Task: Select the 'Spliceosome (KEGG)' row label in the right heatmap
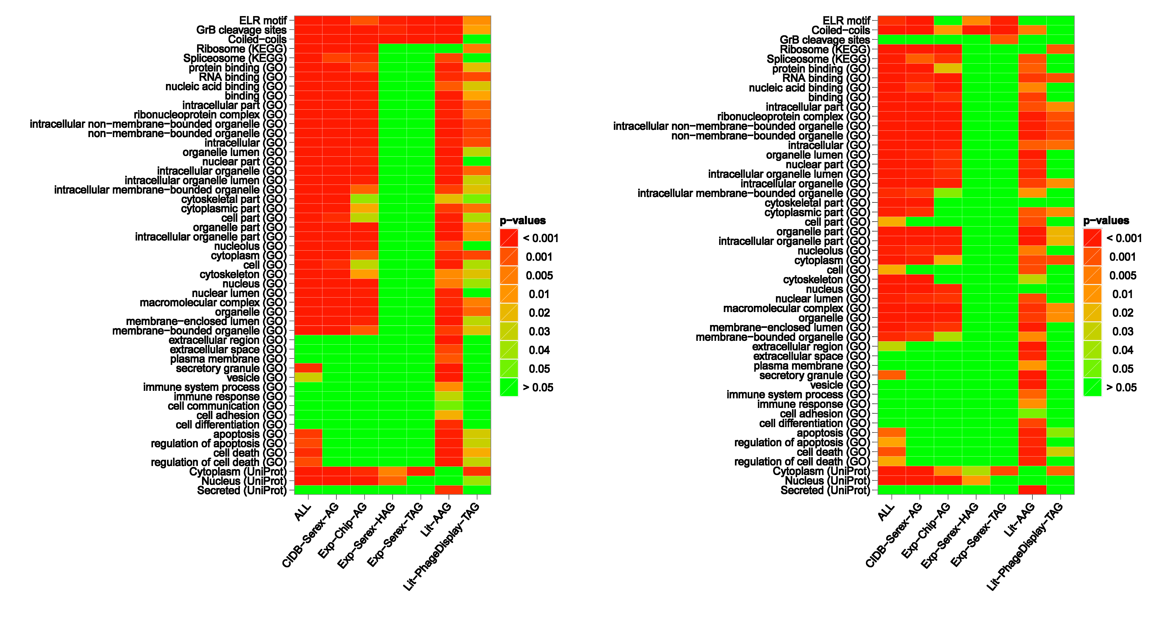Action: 818,59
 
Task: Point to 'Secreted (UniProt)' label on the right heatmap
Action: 825,490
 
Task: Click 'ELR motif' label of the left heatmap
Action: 263,21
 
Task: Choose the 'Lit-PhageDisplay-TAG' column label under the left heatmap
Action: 442,547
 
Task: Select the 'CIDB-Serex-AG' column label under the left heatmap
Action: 310,535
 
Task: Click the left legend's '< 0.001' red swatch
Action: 509,238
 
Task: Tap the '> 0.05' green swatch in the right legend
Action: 1092,387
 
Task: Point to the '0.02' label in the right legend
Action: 1123,313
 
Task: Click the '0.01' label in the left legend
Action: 539,294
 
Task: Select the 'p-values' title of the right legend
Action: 1106,221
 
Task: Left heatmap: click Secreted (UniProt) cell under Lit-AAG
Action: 448,490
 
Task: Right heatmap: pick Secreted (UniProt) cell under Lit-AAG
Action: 1032,490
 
